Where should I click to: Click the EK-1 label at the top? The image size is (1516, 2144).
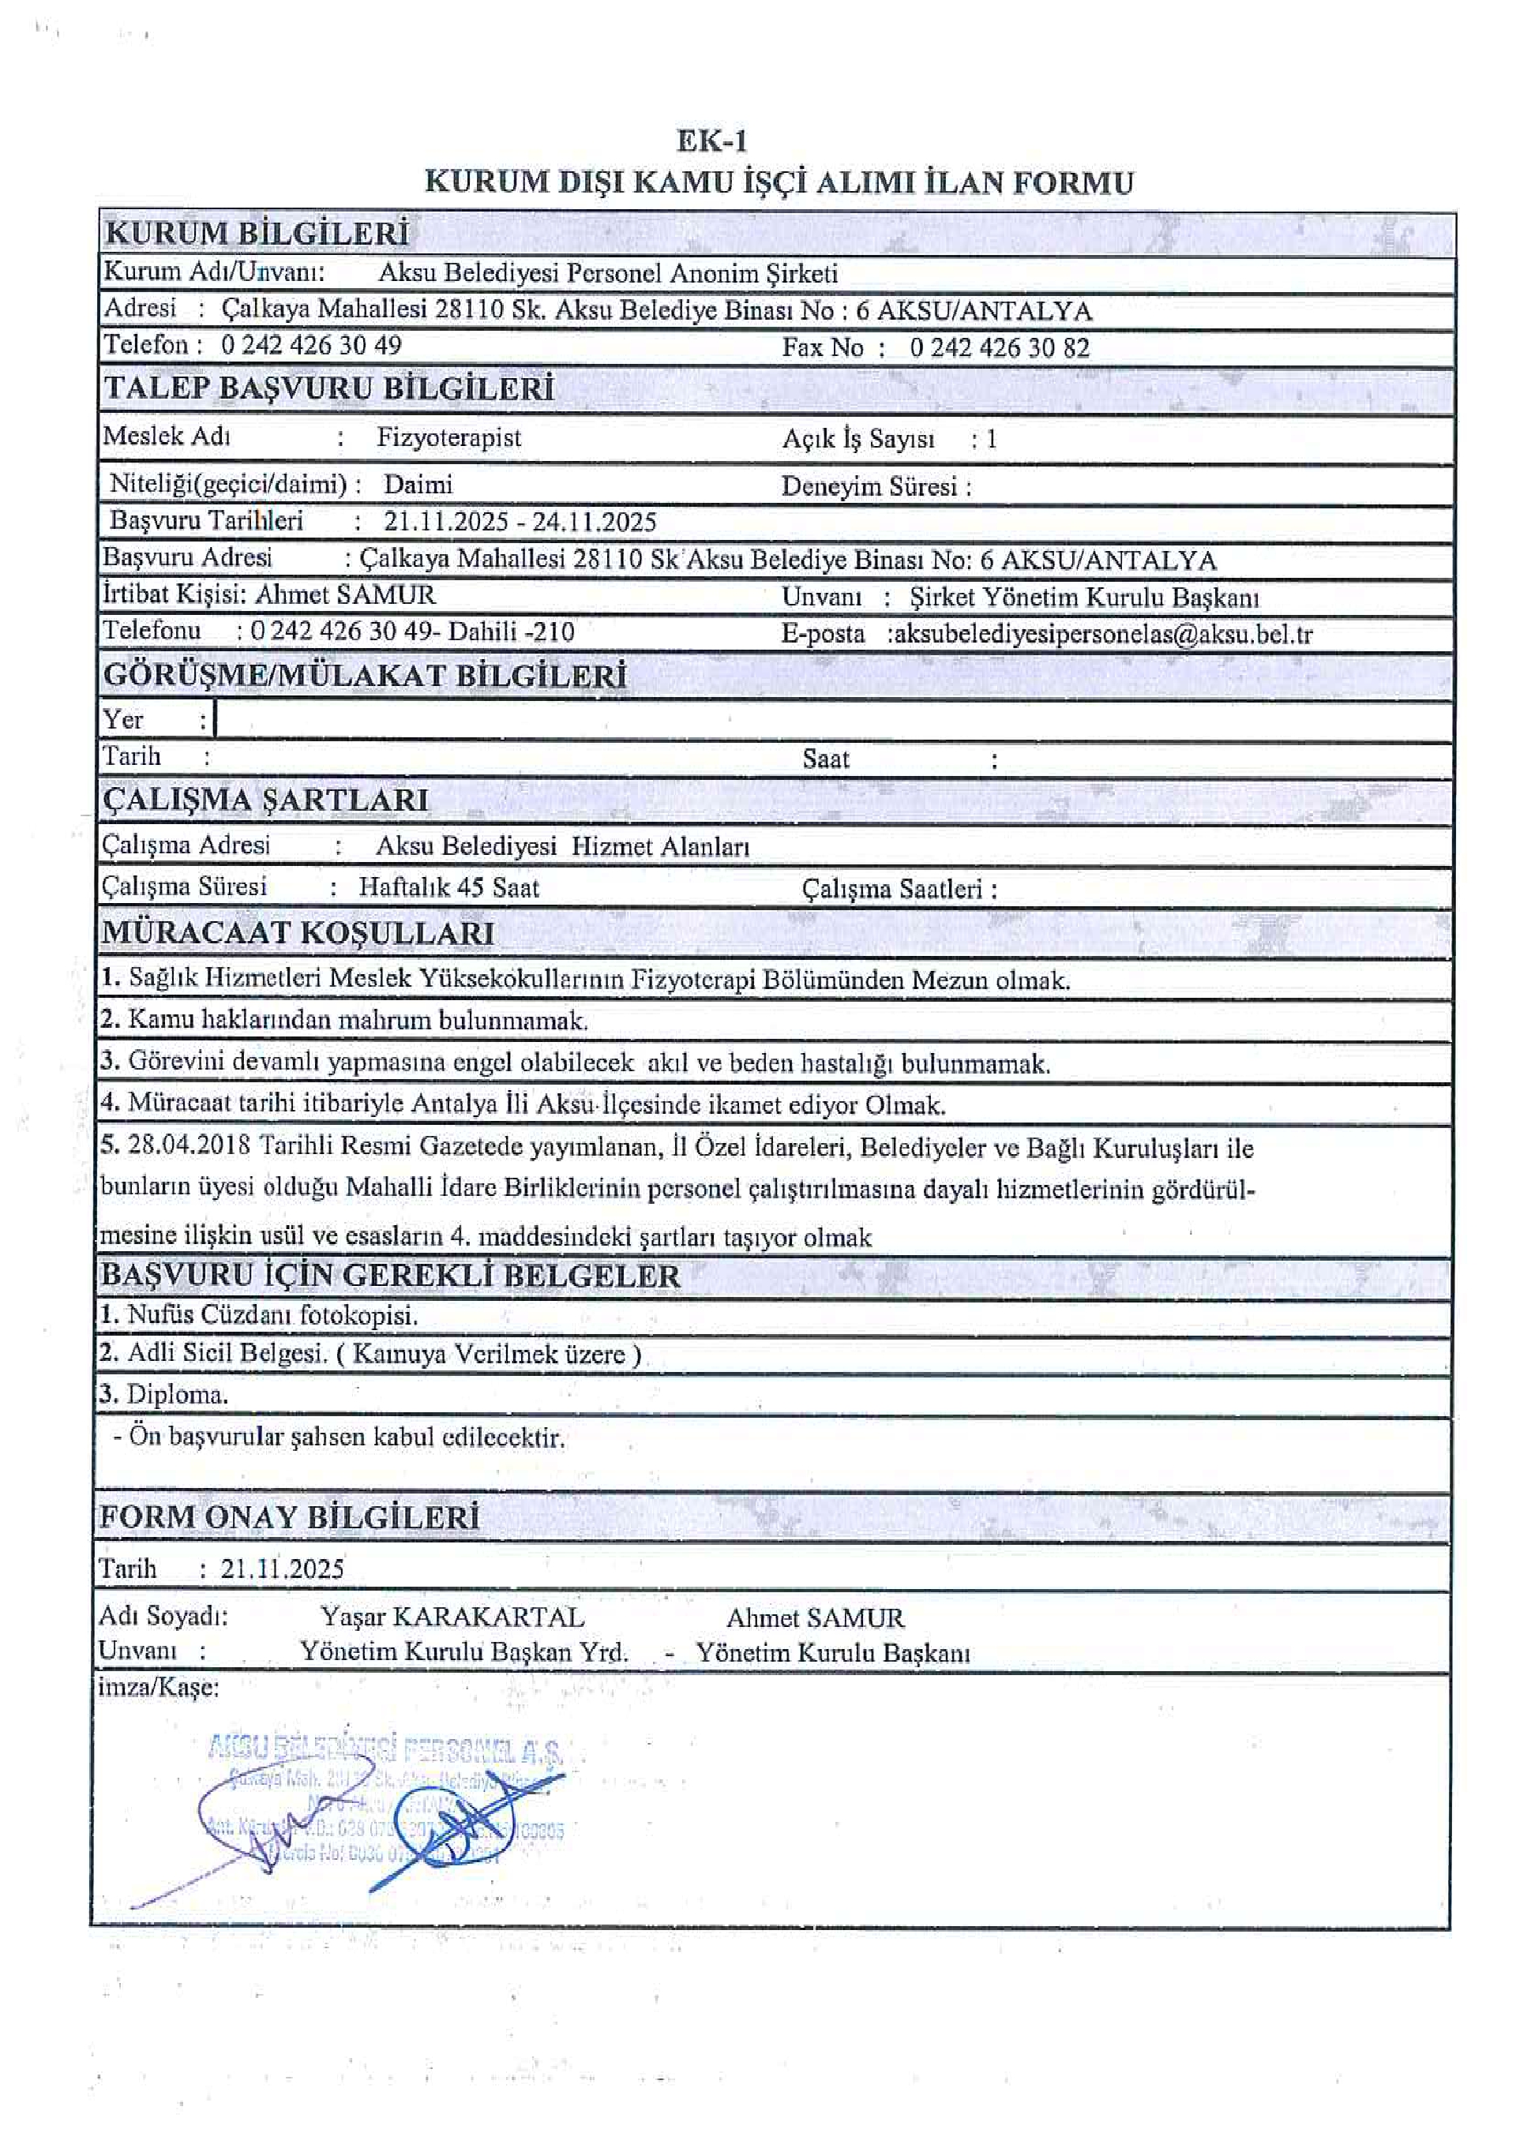tap(711, 141)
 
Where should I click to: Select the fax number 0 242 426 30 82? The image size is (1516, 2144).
tap(1000, 347)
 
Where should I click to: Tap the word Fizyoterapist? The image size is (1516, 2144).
tap(448, 438)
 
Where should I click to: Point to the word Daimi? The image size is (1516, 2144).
tap(418, 485)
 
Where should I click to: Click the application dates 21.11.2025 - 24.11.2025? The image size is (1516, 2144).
tap(520, 521)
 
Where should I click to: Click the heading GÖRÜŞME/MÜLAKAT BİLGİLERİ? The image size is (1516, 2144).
tap(364, 675)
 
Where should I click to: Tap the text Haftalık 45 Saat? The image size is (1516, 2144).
tap(448, 887)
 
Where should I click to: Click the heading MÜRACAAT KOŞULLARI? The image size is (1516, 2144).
tap(298, 933)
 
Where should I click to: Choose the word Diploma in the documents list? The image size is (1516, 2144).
tap(177, 1395)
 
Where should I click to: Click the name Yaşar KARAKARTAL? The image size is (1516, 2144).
tap(452, 1617)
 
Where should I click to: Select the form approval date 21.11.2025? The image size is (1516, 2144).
tap(282, 1569)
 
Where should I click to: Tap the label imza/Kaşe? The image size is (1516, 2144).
tap(159, 1689)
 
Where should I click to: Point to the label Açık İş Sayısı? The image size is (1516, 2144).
tap(857, 439)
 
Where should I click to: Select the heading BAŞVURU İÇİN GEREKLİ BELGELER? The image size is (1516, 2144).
tap(390, 1276)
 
